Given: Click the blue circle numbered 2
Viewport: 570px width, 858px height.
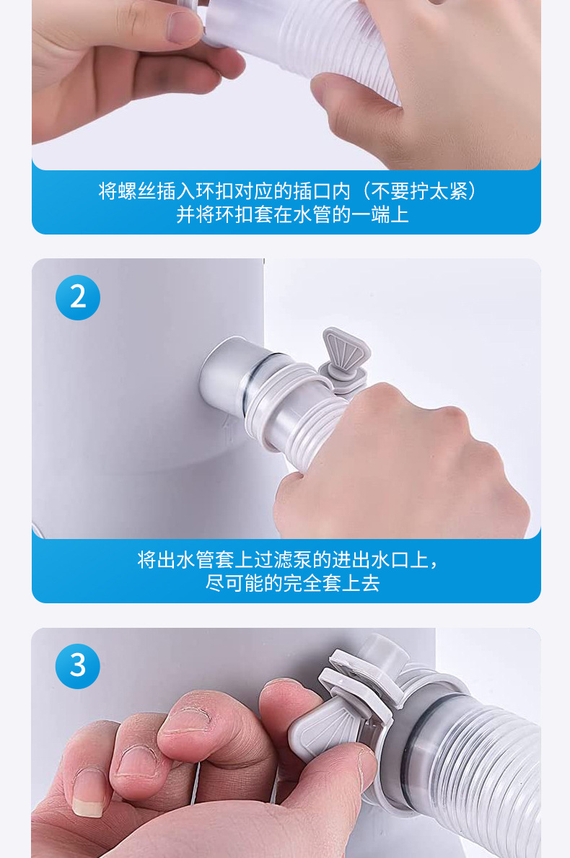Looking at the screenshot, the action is point(78,297).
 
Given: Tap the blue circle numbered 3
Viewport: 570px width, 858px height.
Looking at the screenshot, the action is point(78,666).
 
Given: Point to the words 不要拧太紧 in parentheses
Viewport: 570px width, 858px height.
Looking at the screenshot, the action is point(420,191).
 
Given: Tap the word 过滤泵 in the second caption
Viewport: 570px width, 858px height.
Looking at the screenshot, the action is point(283,560).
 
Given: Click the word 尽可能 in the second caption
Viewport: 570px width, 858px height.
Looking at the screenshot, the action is point(234,583).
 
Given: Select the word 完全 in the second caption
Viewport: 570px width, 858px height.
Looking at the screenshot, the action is point(302,583).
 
